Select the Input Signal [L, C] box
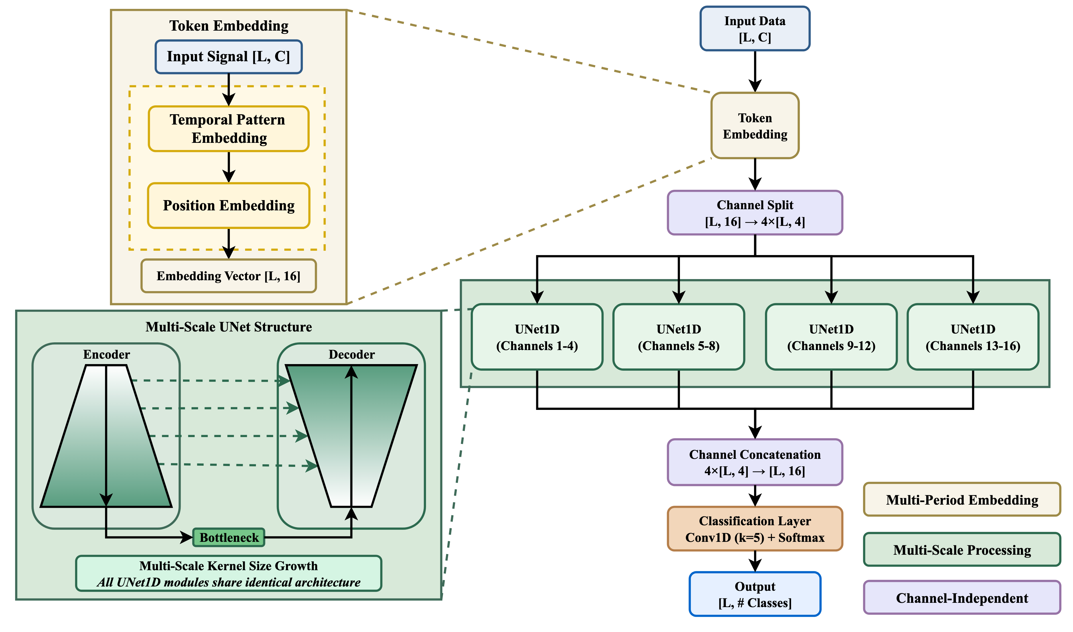coord(228,57)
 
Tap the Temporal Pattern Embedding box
coord(228,129)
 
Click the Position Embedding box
coord(228,206)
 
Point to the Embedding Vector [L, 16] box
coord(228,276)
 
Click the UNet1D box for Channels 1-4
coord(537,337)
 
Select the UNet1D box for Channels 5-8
coord(678,337)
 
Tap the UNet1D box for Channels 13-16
coord(973,337)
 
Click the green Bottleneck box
coord(229,538)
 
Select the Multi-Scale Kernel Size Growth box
coord(228,573)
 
